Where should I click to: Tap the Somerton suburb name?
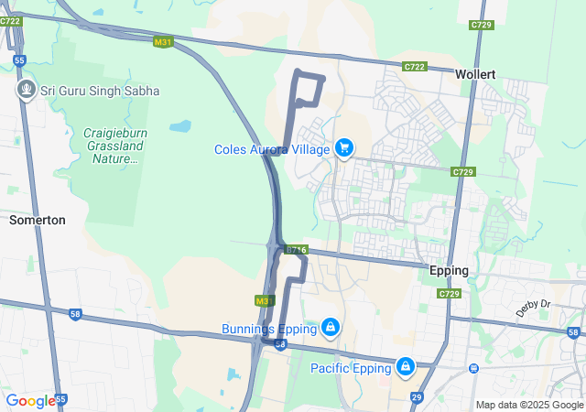pos(38,220)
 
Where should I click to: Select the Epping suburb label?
pos(449,271)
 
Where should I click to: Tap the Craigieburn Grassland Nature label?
pos(115,146)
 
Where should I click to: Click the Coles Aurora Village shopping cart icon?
pos(344,147)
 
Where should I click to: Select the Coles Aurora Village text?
pos(271,149)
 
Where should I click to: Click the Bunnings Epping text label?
pos(268,328)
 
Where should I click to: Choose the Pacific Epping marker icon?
pos(405,366)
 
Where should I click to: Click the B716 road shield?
pos(294,249)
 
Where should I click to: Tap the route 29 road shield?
pos(417,396)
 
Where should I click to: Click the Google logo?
pos(30,401)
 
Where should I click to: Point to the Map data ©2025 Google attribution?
pos(528,405)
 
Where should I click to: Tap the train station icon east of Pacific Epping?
pos(473,368)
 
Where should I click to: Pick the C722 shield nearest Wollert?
pos(415,67)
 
